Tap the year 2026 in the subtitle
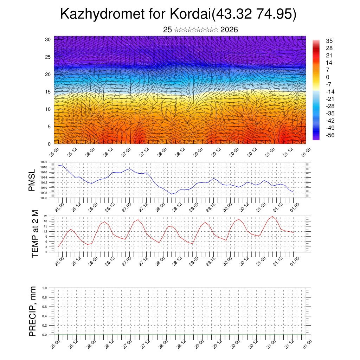click(x=229, y=30)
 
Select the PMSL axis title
click(x=32, y=180)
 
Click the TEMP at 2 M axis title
click(x=35, y=234)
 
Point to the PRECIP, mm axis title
click(x=33, y=311)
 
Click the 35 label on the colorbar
click(x=329, y=41)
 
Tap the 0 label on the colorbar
click(x=328, y=77)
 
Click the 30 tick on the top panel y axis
click(x=48, y=39)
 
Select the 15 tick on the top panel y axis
click(x=48, y=92)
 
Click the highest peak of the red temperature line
click(x=272, y=216)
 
